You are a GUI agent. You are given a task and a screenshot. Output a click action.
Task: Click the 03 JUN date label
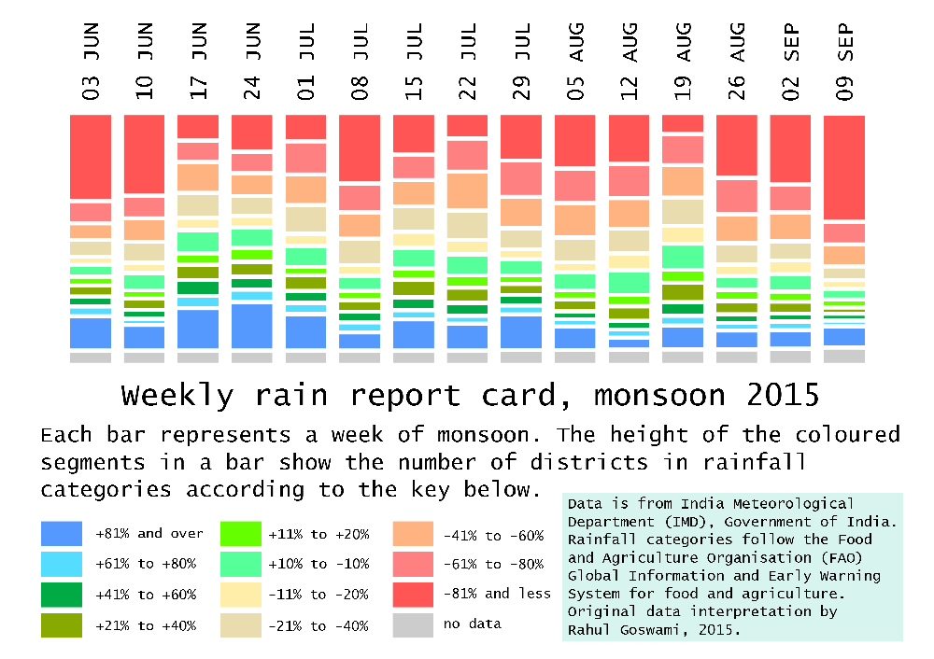pos(91,62)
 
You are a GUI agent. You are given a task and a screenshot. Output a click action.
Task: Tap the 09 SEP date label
pos(844,62)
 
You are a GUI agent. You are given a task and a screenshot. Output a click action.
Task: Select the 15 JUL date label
pos(414,62)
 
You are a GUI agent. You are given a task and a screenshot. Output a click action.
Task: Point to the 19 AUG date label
pos(683,62)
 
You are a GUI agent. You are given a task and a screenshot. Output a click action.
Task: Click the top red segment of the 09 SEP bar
pos(844,167)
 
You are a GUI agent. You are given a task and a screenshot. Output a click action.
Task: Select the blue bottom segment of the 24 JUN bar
pos(252,326)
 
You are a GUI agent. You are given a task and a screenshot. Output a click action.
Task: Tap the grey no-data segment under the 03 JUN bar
pos(91,358)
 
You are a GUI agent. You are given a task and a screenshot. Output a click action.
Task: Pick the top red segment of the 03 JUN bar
pos(91,157)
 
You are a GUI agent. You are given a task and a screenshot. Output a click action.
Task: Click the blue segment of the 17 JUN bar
pos(198,329)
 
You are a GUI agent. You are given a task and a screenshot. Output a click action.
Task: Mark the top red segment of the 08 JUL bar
pos(360,148)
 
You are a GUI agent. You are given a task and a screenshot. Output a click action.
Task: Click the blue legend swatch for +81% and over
pos(62,533)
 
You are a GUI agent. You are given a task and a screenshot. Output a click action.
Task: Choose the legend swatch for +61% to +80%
pos(62,564)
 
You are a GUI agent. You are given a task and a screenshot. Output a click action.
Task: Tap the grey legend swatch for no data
pos(413,625)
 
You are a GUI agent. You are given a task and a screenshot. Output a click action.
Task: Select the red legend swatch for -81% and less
pos(413,595)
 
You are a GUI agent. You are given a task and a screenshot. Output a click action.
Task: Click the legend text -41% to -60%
pos(494,535)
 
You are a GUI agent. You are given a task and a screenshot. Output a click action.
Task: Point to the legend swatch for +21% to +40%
pos(62,625)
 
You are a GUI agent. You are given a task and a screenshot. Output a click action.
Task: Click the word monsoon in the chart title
pos(659,396)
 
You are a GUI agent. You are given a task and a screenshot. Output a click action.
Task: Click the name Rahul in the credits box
pos(588,630)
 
